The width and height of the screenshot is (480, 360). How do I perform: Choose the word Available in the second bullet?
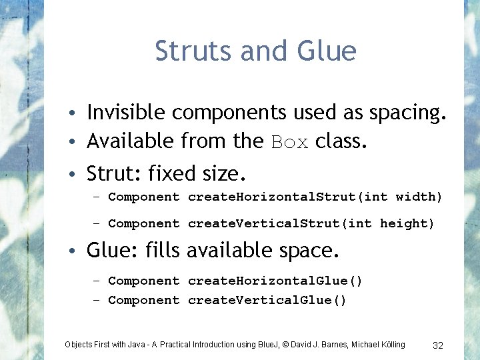point(131,141)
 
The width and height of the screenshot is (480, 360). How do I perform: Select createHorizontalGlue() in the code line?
point(275,281)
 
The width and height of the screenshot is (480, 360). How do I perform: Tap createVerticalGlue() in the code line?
point(267,300)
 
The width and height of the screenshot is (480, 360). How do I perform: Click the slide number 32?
point(438,345)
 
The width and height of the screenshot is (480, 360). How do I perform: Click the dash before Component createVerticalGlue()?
point(97,300)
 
